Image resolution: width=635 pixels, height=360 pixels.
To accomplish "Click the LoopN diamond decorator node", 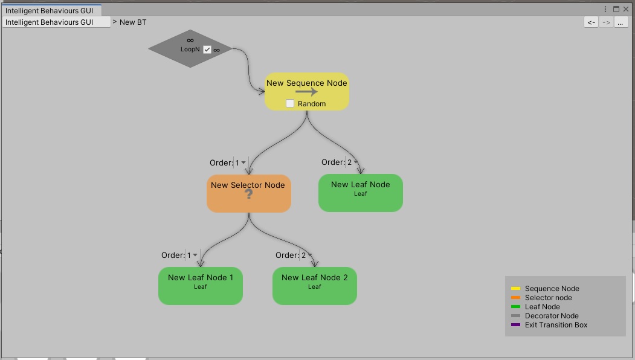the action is point(190,48).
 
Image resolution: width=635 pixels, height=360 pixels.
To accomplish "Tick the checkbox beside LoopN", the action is point(207,50).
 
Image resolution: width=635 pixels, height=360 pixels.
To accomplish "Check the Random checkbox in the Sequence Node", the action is point(290,103).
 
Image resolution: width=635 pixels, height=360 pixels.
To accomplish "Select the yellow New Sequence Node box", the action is point(306,92).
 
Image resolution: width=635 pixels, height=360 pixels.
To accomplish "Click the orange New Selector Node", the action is point(249,193).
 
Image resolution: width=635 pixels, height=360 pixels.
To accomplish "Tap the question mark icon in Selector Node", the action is point(249,194).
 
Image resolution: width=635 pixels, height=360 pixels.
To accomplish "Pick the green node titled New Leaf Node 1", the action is point(201,286).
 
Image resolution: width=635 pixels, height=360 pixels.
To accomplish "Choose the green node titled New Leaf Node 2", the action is point(315,286).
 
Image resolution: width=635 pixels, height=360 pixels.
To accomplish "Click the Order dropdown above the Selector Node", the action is point(240,162).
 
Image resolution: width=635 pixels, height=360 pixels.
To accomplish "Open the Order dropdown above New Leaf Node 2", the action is point(306,255).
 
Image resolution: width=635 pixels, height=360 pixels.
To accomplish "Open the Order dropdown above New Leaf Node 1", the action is point(192,255).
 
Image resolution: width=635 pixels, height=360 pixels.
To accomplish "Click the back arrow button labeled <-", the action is point(591,22).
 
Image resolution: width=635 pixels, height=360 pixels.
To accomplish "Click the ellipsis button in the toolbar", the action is point(620,22).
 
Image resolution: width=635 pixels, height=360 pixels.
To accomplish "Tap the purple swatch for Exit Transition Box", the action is point(515,325).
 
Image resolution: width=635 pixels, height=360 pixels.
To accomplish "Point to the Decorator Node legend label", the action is point(552,316).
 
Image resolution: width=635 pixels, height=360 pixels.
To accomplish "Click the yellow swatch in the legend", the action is point(515,289).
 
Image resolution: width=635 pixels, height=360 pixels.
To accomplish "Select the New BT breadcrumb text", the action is point(133,22).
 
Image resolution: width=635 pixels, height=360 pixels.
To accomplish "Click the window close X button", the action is point(626,9).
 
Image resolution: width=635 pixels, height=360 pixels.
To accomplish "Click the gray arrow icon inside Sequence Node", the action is point(306,92).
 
